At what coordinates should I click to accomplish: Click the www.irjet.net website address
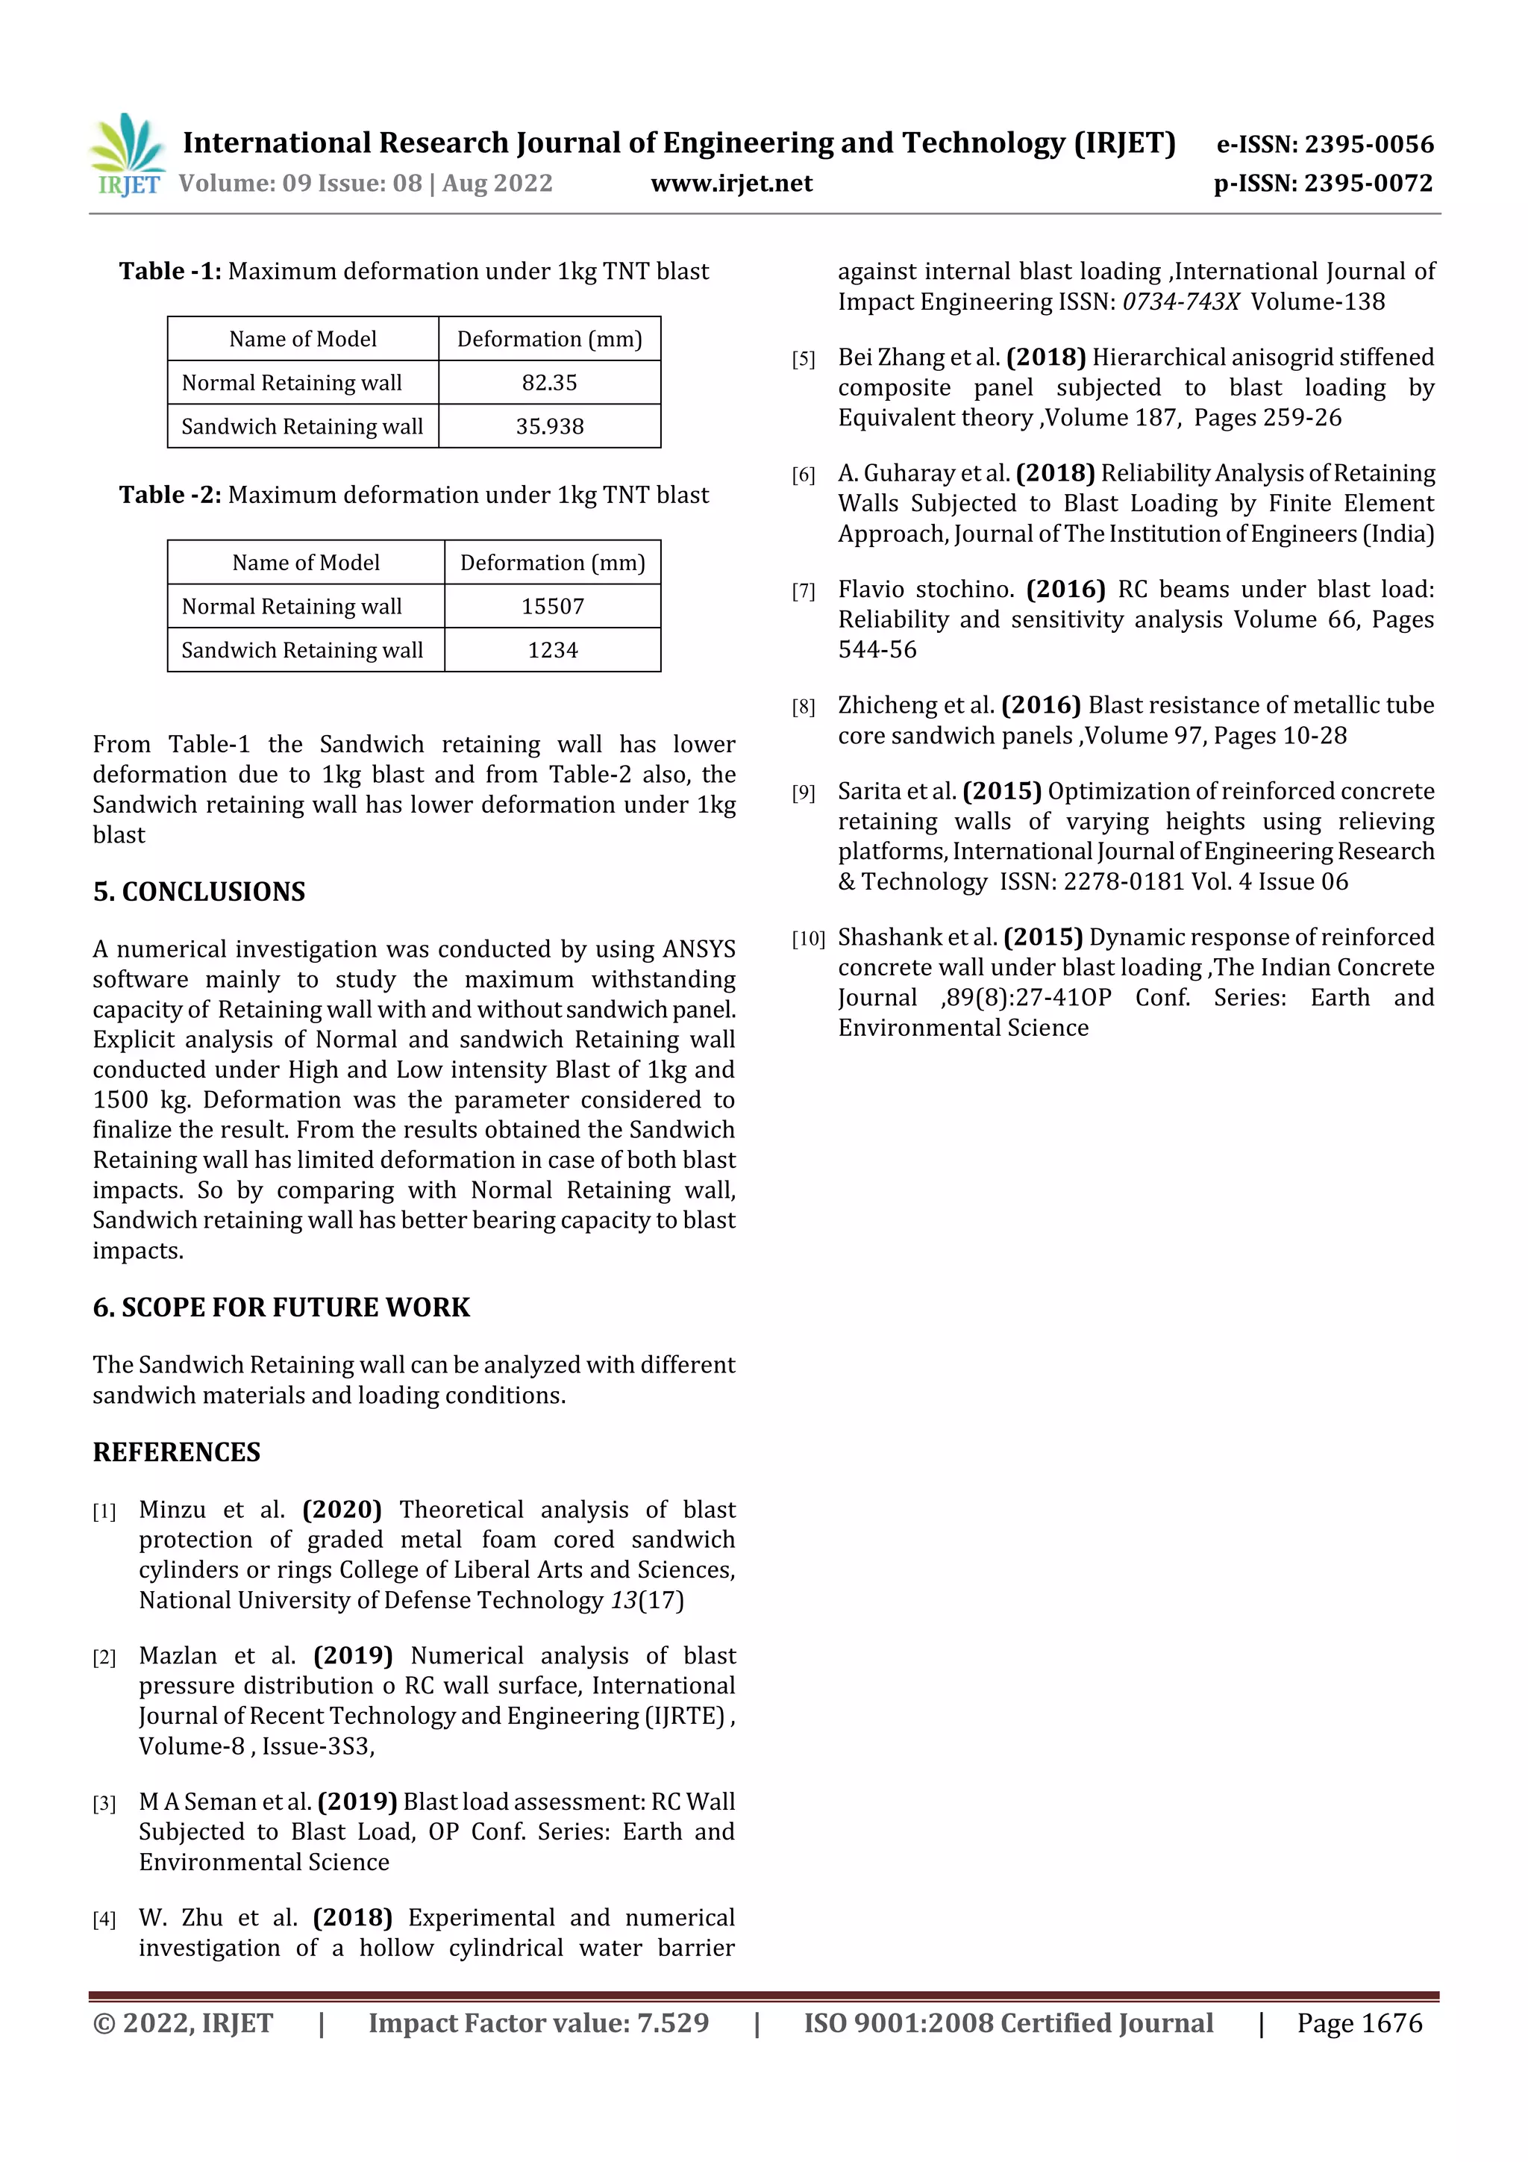(x=730, y=184)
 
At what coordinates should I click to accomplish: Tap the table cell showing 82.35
(x=549, y=382)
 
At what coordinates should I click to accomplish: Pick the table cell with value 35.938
(x=549, y=427)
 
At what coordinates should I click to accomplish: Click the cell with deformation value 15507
(x=553, y=607)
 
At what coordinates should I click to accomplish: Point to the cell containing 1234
(x=553, y=650)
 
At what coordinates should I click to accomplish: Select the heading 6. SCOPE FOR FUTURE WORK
(x=281, y=1307)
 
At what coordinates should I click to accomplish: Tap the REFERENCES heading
(x=176, y=1452)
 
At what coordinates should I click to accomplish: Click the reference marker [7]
(x=803, y=591)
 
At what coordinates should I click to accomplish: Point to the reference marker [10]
(x=808, y=939)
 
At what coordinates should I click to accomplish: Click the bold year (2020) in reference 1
(x=342, y=1510)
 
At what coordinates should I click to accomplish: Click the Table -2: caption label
(x=169, y=496)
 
